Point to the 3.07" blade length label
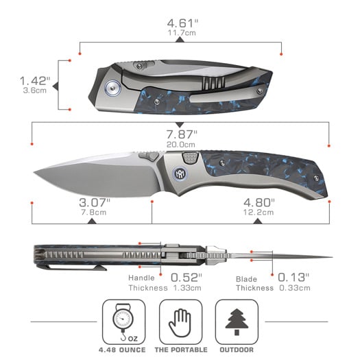coord(94,202)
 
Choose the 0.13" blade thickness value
coord(293,277)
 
